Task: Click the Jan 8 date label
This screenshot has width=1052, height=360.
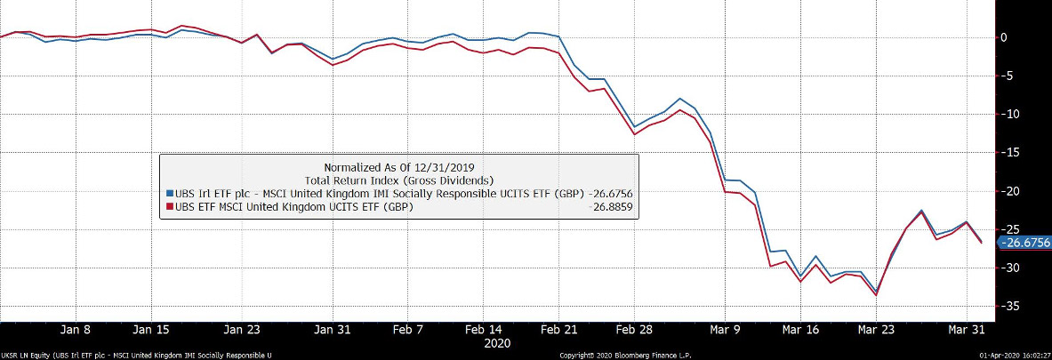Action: point(75,329)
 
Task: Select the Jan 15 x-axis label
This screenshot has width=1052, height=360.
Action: point(150,329)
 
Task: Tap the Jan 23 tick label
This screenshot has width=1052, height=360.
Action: point(242,329)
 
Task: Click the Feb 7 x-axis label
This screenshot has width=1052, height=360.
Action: point(408,329)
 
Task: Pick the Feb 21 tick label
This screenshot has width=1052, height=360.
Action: point(560,329)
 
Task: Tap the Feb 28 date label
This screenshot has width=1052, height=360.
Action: point(636,329)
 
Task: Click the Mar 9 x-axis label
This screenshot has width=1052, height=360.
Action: point(725,329)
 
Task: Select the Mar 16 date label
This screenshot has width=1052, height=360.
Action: point(800,329)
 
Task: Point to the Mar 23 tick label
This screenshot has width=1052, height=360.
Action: point(876,329)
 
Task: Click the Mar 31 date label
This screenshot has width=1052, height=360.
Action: point(966,329)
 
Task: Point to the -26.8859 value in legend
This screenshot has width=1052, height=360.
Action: point(610,207)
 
